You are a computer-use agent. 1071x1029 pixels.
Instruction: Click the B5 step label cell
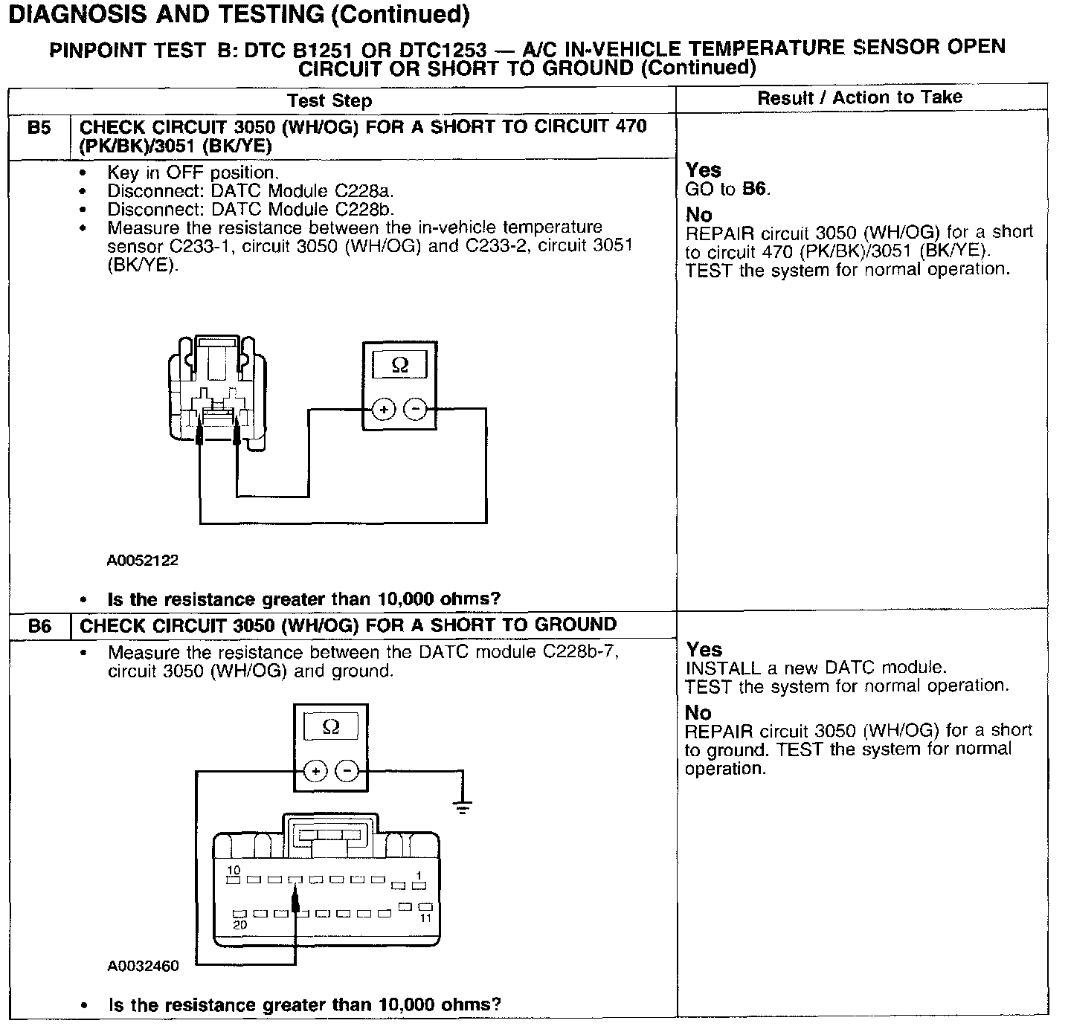coord(39,129)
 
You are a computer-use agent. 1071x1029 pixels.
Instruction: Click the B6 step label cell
coord(39,627)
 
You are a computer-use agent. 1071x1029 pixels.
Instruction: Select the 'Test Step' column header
coord(329,100)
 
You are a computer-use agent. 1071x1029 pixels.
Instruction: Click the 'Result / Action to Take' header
coord(860,97)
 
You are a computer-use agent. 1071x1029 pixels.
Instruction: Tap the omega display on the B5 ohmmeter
coord(399,366)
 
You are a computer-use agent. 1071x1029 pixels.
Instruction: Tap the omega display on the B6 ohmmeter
coord(331,727)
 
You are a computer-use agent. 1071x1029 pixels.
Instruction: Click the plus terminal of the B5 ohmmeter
coord(383,409)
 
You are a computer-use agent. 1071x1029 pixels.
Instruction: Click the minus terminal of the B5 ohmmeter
coord(415,409)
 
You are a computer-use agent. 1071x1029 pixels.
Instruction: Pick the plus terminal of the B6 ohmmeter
coord(315,771)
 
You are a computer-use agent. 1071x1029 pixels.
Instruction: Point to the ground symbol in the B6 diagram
coord(463,807)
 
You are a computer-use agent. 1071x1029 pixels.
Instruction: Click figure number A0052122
coord(143,561)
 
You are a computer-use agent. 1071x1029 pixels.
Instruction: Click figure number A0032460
coord(143,967)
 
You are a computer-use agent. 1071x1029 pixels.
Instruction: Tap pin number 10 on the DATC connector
coord(234,871)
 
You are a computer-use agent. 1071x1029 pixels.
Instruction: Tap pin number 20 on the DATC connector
coord(239,926)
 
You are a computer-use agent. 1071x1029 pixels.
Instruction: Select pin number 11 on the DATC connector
coord(426,917)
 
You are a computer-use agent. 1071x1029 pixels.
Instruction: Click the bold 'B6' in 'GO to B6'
coord(754,189)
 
